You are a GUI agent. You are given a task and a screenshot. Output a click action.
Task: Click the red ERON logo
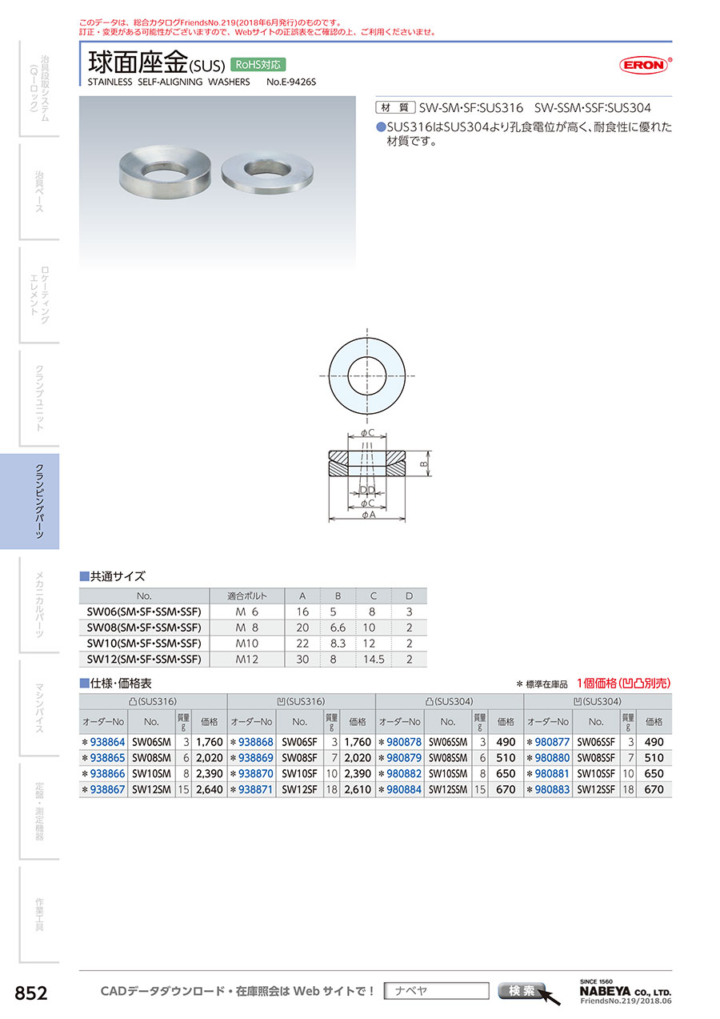[x=645, y=65]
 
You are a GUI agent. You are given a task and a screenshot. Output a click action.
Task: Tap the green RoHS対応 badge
[x=258, y=65]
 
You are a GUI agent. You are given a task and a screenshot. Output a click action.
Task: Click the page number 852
[x=31, y=993]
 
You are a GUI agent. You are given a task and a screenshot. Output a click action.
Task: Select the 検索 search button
[x=522, y=990]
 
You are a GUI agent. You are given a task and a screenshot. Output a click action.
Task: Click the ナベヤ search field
[x=436, y=990]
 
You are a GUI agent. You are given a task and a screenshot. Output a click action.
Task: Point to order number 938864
[x=107, y=742]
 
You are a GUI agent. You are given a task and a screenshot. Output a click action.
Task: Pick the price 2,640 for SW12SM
[x=210, y=789]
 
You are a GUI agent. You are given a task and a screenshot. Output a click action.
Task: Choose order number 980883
[x=552, y=789]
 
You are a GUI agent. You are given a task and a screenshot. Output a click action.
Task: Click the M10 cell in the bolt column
[x=247, y=644]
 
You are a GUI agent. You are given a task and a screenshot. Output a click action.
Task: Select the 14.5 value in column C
[x=374, y=659]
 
